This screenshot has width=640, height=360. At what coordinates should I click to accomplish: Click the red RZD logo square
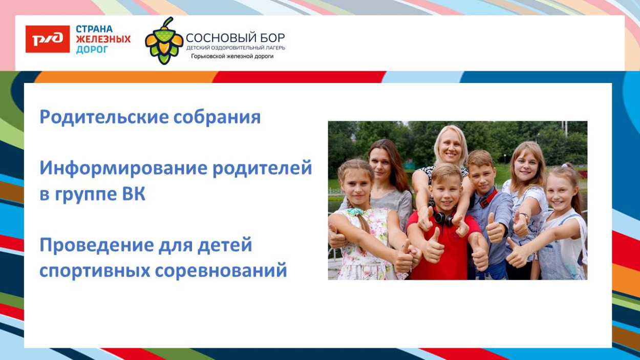point(48,39)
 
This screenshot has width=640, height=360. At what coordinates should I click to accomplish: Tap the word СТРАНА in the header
point(94,29)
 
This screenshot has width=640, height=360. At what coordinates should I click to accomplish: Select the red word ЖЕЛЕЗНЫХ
point(103,39)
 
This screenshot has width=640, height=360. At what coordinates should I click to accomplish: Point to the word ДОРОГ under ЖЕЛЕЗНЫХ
point(92,50)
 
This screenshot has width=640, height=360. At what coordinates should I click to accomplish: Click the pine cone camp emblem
point(164,41)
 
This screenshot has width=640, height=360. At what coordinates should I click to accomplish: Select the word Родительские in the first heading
point(103,117)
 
